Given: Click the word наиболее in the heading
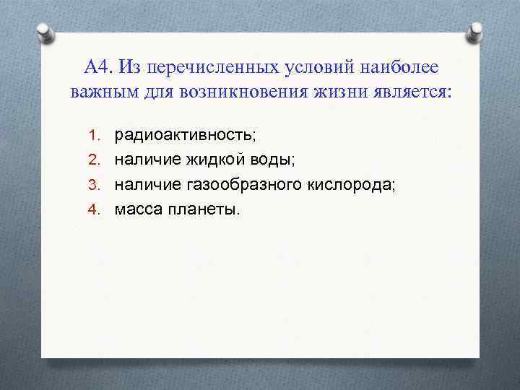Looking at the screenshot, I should click(x=396, y=67).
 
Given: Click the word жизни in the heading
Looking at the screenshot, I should click(x=339, y=92).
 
